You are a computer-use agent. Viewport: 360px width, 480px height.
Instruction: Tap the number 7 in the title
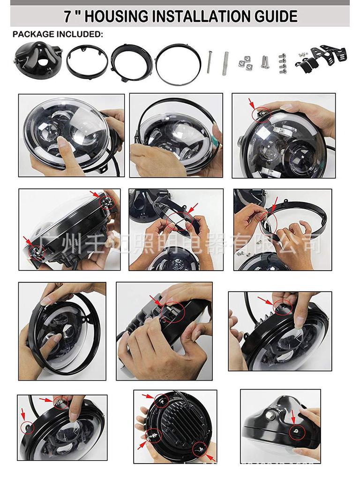tap(67, 16)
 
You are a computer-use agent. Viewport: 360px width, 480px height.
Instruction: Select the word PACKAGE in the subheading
tap(33, 34)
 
